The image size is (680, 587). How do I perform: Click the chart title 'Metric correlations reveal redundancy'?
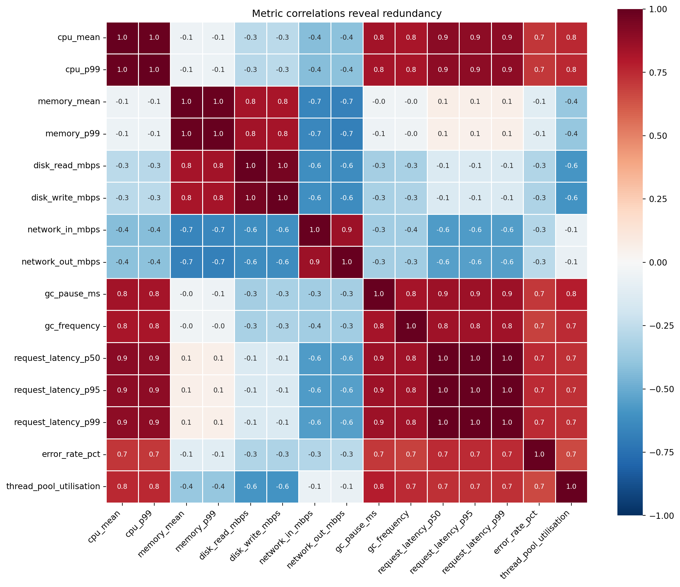[346, 14]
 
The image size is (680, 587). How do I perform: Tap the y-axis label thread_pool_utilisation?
[53, 486]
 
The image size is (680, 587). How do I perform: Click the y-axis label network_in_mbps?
[64, 230]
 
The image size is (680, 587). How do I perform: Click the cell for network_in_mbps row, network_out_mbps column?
[346, 230]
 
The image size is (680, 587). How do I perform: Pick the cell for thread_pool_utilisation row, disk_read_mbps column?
[250, 486]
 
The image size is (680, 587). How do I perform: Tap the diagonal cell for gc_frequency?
[411, 326]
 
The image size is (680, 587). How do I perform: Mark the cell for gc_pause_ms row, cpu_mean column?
[122, 294]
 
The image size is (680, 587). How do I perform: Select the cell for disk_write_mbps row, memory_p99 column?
[218, 198]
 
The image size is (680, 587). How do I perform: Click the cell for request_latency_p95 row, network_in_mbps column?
[314, 390]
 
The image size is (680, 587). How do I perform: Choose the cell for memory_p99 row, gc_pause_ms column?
[379, 134]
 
